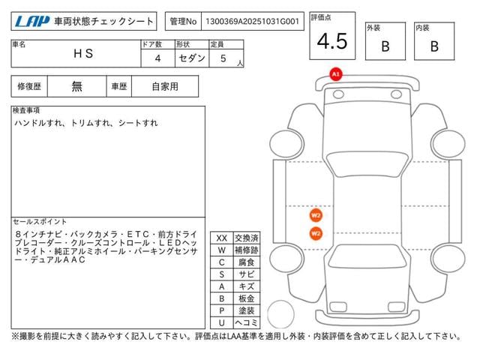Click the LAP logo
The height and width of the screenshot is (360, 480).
pyautogui.click(x=32, y=22)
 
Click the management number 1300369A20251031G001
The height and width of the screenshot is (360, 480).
pyautogui.click(x=252, y=22)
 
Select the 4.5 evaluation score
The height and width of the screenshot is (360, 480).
pyautogui.click(x=332, y=41)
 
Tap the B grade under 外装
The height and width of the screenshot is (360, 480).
pyautogui.click(x=385, y=46)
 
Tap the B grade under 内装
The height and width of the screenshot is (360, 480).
pyautogui.click(x=434, y=46)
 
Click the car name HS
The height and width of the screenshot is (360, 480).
pyautogui.click(x=83, y=53)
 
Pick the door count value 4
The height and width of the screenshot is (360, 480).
pyautogui.click(x=157, y=58)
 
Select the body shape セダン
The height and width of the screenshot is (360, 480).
pyautogui.click(x=192, y=58)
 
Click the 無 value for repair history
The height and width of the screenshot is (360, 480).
pyautogui.click(x=76, y=87)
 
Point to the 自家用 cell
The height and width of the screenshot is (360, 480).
pyautogui.click(x=165, y=87)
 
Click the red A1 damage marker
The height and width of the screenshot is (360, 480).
pyautogui.click(x=336, y=74)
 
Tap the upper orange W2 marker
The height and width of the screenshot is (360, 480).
pyautogui.click(x=316, y=215)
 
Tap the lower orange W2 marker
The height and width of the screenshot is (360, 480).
pyautogui.click(x=316, y=234)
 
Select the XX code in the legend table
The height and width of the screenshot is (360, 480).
pyautogui.click(x=222, y=238)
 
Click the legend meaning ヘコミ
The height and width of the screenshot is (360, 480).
pyautogui.click(x=247, y=322)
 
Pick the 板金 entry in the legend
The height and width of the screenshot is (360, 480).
pyautogui.click(x=247, y=298)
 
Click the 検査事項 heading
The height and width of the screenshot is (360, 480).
pyautogui.click(x=26, y=110)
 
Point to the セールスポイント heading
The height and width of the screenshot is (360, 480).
pyautogui.click(x=40, y=222)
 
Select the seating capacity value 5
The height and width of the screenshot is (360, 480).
pyautogui.click(x=223, y=58)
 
